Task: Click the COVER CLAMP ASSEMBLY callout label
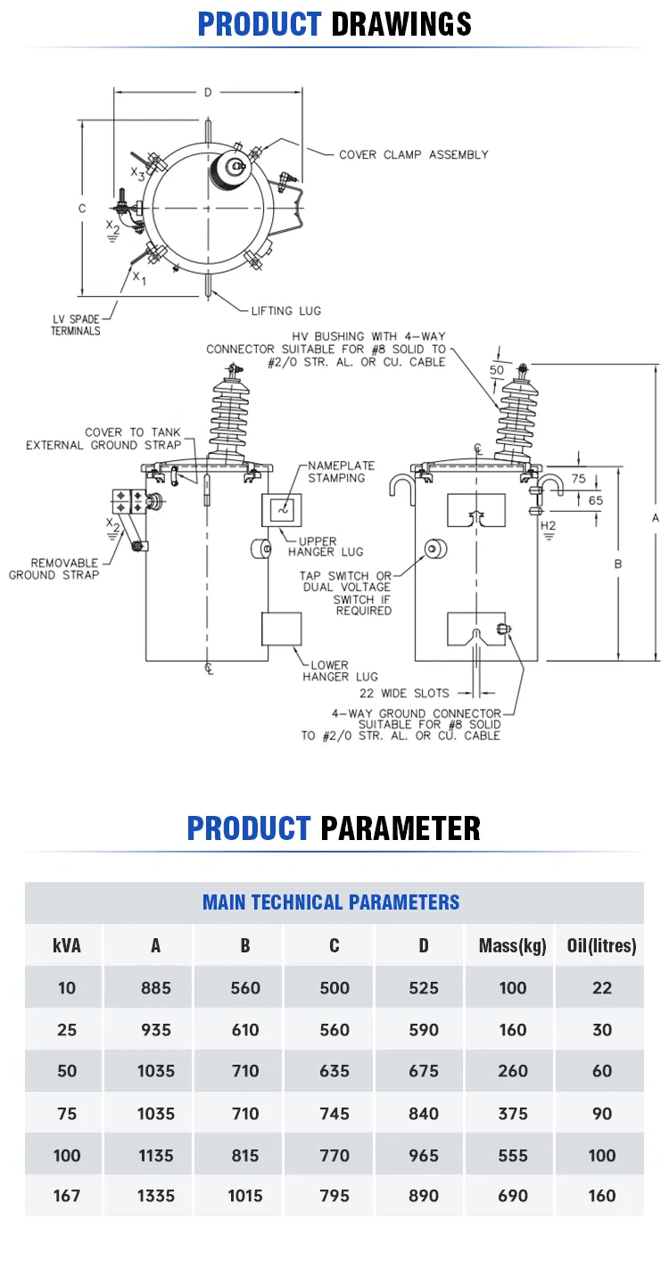pos(414,155)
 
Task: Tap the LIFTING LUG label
pos(286,311)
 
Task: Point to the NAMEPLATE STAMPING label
pos(341,472)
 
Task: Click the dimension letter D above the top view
pos(208,93)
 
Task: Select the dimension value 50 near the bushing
pos(496,370)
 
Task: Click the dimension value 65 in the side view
pos(596,500)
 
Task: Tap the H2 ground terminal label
pos(548,525)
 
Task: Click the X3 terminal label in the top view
pos(137,173)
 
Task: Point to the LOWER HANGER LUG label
pos(340,671)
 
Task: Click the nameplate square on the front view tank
pos(282,510)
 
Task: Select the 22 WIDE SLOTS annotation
pos(404,693)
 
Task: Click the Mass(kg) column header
pos(512,945)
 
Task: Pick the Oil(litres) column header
pos(602,945)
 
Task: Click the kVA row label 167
pos(67,1196)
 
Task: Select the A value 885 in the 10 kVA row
pos(156,988)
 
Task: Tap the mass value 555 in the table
pos(512,1156)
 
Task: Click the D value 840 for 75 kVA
pos(424,1114)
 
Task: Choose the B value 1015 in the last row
pos(245,1196)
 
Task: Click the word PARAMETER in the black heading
pos(401,828)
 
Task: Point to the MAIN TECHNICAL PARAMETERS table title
pos(331,902)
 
